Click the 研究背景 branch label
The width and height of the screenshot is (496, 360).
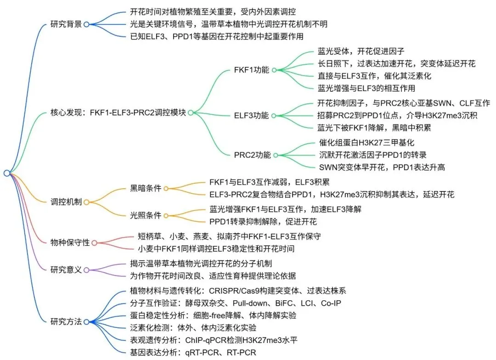pyautogui.click(x=66, y=24)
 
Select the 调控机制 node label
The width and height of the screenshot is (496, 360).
pyautogui.click(x=66, y=202)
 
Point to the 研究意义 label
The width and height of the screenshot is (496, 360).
pyautogui.click(x=66, y=270)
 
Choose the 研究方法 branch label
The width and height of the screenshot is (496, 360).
pyautogui.click(x=66, y=321)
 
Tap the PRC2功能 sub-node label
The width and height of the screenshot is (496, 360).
pyautogui.click(x=252, y=155)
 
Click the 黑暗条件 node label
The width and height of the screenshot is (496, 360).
pyautogui.click(x=146, y=188)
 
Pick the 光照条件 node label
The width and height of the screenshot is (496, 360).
pyautogui.click(x=146, y=215)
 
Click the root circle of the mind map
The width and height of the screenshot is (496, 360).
pyautogui.click(x=6, y=173)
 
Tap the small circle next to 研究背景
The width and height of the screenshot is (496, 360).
pyautogui.click(x=86, y=25)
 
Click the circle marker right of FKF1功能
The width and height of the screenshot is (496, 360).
pyautogui.click(x=274, y=70)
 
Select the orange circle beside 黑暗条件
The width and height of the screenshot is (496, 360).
pyautogui.click(x=166, y=188)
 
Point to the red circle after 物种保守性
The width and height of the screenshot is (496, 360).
pyautogui.click(x=95, y=243)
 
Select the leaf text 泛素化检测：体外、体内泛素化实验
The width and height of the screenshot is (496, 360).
pyautogui.click(x=193, y=328)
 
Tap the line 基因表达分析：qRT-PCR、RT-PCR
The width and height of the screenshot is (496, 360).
pyautogui.click(x=193, y=353)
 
